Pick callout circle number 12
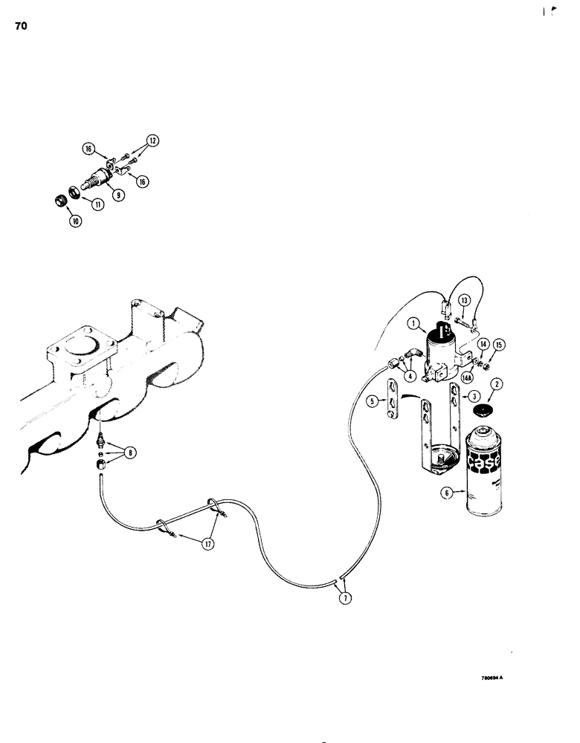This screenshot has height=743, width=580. click(x=152, y=140)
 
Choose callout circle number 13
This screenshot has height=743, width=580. click(x=465, y=299)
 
